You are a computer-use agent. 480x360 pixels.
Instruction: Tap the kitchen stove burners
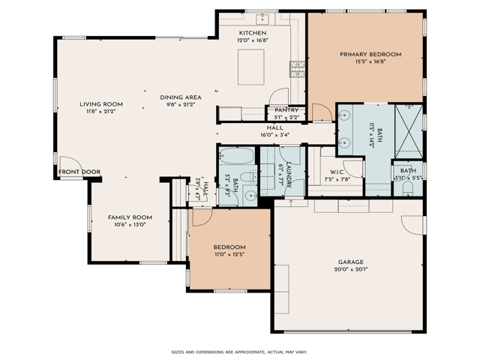pos(297,70)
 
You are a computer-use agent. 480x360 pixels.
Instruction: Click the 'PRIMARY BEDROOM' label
pos(370,54)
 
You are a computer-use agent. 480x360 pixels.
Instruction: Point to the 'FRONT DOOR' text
pos(80,172)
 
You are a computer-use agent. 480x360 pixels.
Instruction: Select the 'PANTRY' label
pos(286,110)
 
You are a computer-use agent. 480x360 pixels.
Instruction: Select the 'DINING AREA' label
pos(180,97)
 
